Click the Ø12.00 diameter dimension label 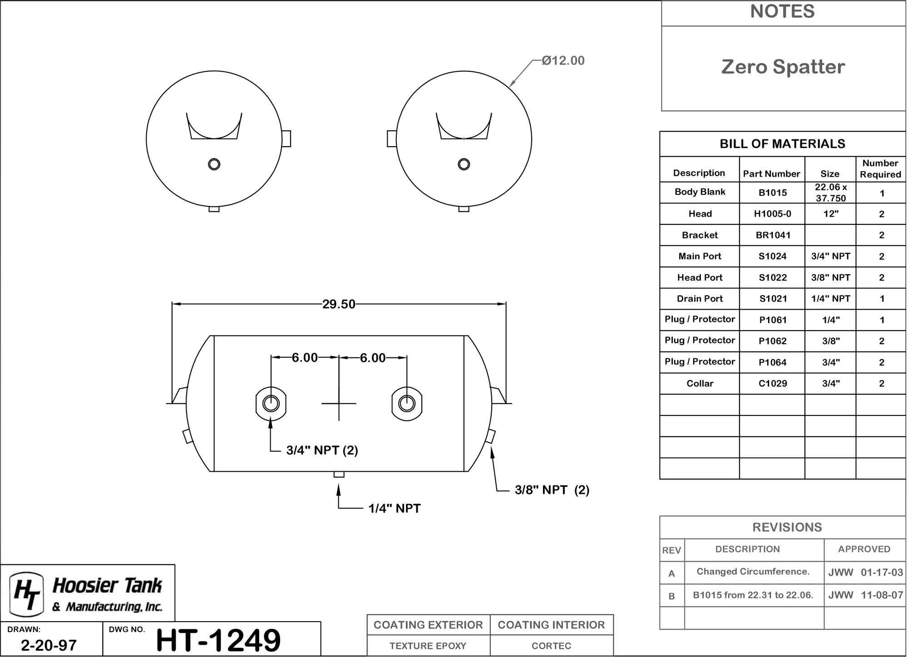pyautogui.click(x=563, y=60)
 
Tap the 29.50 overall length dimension pyautogui.click(x=339, y=304)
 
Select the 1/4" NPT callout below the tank pyautogui.click(x=395, y=509)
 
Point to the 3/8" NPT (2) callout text pyautogui.click(x=552, y=490)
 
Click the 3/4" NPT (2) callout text pyautogui.click(x=322, y=450)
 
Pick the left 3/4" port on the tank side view pyautogui.click(x=271, y=403)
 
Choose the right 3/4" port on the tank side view pyautogui.click(x=407, y=403)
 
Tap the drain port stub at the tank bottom pyautogui.click(x=339, y=474)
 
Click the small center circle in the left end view pyautogui.click(x=214, y=164)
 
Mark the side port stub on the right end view pyautogui.click(x=392, y=138)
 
